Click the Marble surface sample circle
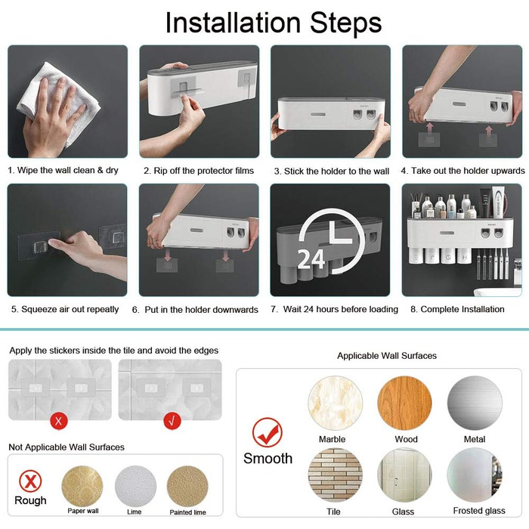335,403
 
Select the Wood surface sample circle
404,403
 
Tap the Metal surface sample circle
475,403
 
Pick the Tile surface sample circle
335,475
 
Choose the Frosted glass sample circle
475,475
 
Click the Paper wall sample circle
82,486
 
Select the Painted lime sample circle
187,486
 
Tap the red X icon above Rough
30,481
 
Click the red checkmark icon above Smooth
268,433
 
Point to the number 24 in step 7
311,260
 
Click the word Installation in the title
233,23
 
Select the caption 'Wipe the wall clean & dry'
67,170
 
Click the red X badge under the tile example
59,421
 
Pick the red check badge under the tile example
172,421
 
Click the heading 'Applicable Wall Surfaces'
387,356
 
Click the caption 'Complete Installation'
462,309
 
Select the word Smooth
268,459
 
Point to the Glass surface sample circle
404,475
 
